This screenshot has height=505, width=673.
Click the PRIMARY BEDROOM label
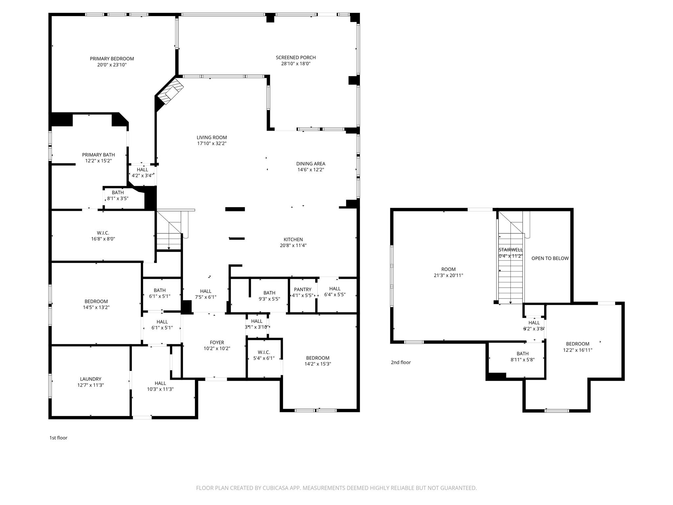(112, 59)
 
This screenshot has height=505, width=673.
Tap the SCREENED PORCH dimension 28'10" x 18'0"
(295, 64)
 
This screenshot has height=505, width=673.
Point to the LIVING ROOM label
(212, 138)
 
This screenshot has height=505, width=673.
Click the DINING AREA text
(311, 164)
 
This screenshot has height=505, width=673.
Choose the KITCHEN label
(293, 240)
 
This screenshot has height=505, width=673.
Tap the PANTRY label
(302, 290)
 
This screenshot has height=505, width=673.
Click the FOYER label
(217, 343)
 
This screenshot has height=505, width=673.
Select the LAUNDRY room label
(90, 379)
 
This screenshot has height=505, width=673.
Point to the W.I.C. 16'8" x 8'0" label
(103, 236)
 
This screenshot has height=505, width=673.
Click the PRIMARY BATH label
(98, 155)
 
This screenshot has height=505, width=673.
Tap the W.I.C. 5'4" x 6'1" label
(264, 355)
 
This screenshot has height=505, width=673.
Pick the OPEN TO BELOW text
(550, 258)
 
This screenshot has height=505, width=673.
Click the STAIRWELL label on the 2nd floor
(510, 250)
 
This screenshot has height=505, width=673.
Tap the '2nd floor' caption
(401, 362)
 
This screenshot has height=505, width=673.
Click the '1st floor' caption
(58, 438)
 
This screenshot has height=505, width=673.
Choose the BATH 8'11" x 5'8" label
(522, 357)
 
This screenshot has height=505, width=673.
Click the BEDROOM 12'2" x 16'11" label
(577, 347)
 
